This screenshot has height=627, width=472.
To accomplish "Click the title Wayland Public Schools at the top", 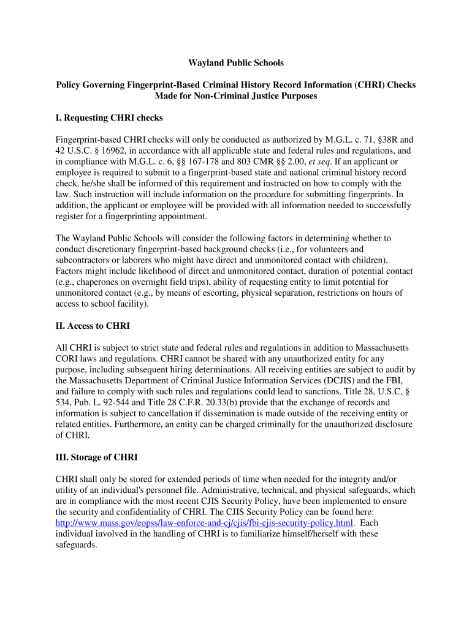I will coord(236,63).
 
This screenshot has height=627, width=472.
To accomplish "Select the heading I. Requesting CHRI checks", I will coord(109,118).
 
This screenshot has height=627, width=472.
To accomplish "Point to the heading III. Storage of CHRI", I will coord(97,457).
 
